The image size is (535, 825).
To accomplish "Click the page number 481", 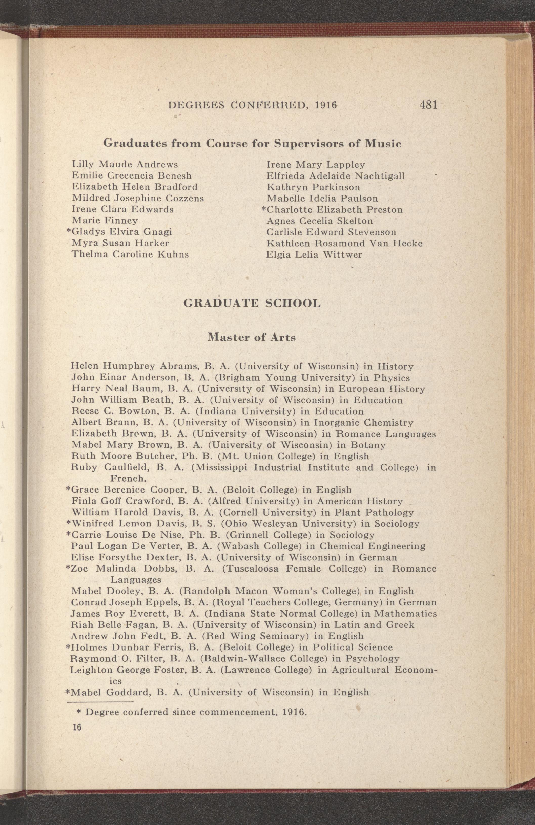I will tap(428, 105).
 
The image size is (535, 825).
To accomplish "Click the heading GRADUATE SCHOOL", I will tap(252, 303).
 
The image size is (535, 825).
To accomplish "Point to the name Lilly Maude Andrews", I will tap(125, 164).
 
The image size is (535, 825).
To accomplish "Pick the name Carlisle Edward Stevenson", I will tap(331, 232).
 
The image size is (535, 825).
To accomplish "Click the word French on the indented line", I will tap(127, 479).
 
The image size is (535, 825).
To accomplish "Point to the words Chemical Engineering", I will tap(373, 546).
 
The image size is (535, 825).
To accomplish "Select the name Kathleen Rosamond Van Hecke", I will tap(344, 243).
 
